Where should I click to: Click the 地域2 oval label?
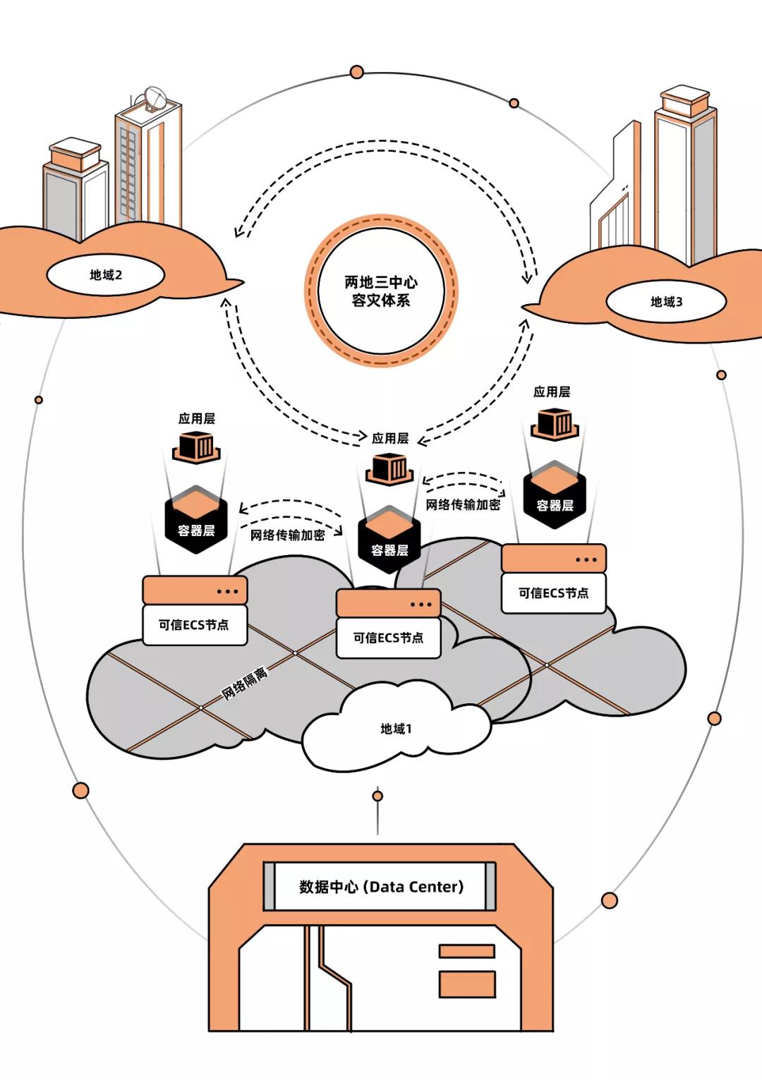coord(106,275)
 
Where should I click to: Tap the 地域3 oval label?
coord(666,302)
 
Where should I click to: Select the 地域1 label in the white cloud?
coord(396,729)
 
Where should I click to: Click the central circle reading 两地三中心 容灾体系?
coord(381,291)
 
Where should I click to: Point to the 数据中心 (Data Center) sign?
coord(380,887)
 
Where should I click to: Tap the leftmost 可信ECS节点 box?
coord(194,624)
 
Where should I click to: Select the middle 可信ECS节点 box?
coord(388,638)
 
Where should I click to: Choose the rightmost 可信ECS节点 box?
coord(553,593)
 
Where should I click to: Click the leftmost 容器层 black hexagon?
coord(196,522)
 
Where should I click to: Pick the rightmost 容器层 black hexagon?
coord(555,497)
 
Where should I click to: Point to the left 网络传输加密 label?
coord(288,535)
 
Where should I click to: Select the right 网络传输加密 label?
coord(463,504)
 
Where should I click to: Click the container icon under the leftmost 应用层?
coord(196,447)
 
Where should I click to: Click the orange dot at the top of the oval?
coord(357,72)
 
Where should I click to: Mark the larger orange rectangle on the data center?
coord(467,984)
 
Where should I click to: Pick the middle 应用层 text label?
coord(390,438)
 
